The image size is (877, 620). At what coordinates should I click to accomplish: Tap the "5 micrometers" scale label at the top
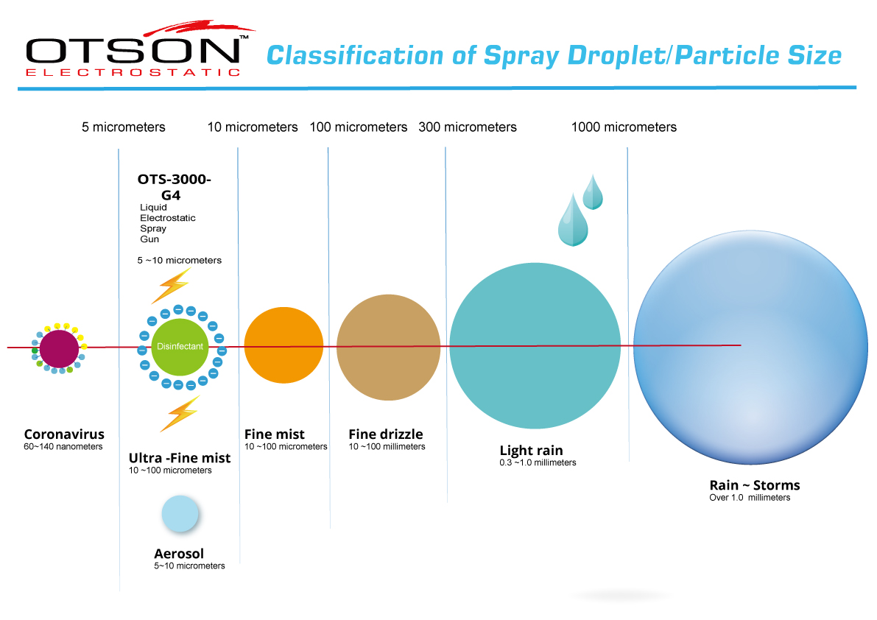pos(124,127)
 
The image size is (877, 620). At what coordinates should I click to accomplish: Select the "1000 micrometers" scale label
pos(624,127)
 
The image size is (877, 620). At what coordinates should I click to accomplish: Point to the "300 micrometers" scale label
pos(468,127)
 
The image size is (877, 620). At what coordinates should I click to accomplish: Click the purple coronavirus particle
pos(59,348)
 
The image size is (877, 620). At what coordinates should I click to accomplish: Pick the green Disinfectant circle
pos(180,346)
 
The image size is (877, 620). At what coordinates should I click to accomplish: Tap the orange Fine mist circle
pos(283,345)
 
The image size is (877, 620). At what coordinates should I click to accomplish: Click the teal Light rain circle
pos(535,346)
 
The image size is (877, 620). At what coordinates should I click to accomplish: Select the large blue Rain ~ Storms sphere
pos(750,346)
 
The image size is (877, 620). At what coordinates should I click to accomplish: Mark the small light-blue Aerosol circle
pos(180,514)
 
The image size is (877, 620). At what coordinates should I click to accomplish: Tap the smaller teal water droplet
pos(593,192)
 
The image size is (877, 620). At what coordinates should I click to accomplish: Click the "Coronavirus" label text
pos(64,434)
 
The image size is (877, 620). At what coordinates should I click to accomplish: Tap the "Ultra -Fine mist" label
pos(180,458)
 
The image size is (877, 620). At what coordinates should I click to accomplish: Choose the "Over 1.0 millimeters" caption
pos(750,498)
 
